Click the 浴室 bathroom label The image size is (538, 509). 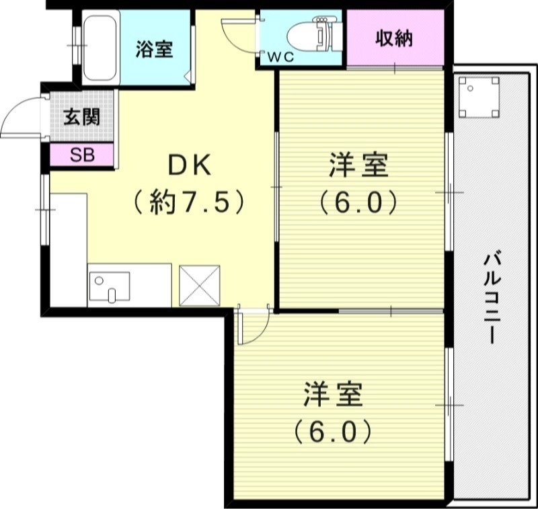154,49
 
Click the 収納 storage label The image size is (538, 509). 393,38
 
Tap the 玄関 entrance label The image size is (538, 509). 82,117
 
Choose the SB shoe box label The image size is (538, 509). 83,155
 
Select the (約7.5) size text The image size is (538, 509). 188,201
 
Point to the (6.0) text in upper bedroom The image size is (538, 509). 357,201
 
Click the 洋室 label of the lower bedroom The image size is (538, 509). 333,395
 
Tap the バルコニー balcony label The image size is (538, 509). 492,296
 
